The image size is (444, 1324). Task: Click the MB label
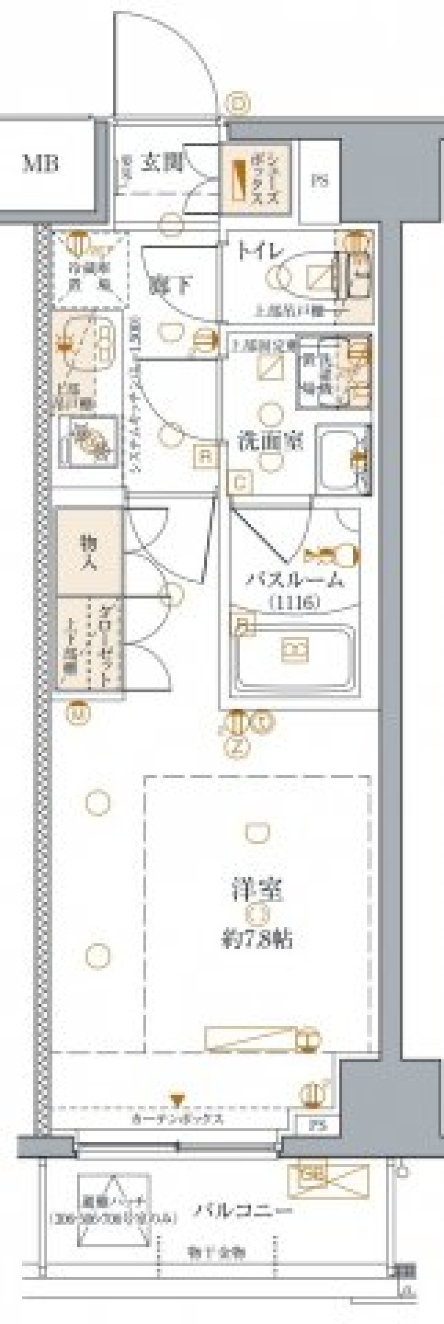[40, 164]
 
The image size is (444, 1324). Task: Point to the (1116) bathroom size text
[293, 601]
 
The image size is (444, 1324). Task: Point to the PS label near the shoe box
[319, 181]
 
